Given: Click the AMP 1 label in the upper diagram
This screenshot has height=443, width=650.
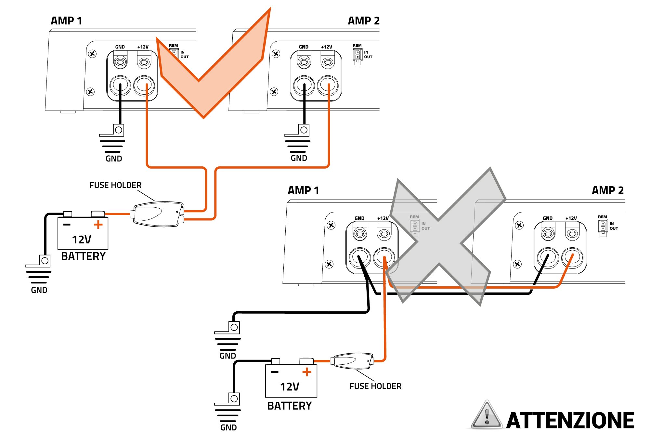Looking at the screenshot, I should tap(66, 21).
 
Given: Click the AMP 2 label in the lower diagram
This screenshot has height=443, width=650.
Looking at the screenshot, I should tap(607, 190).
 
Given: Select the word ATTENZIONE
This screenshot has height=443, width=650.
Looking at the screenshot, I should tap(570, 421).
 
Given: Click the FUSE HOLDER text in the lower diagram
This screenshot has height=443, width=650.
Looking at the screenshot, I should tap(375, 386).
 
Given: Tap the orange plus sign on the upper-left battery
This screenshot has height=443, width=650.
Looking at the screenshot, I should tap(98, 225).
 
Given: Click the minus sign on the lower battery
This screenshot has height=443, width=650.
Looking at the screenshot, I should tap(275, 372).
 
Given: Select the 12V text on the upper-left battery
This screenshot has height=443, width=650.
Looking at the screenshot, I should tap(82, 240).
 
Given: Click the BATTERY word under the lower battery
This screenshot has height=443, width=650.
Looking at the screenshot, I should tap(289, 406).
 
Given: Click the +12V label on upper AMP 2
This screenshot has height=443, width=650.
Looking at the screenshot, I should tap(326, 47).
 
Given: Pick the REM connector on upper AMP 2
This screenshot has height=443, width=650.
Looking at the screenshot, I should tap(357, 56).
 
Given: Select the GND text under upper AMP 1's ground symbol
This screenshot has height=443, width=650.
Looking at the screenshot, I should tap(114, 159).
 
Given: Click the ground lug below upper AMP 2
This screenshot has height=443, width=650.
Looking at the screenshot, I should tap(303, 130).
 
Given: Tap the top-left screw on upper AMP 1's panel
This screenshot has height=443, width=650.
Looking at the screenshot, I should tap(92, 54).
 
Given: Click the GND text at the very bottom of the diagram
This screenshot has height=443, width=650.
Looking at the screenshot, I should tap(228, 428).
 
